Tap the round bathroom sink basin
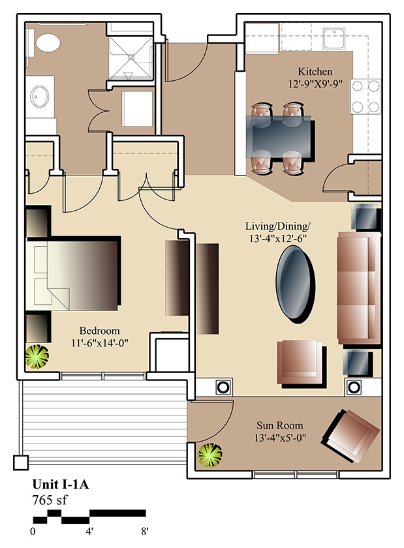39,97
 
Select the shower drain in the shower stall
131,57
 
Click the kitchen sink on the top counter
334,38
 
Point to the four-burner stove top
365,96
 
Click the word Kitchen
315,72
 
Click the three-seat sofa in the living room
359,288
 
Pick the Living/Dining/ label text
277,226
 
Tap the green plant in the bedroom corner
37,357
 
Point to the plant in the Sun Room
210,455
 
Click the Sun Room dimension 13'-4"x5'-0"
280,438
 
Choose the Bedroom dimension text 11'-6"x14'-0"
100,343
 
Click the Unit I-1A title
61,484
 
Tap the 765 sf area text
50,500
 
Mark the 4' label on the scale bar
89,532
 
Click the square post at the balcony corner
21,463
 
